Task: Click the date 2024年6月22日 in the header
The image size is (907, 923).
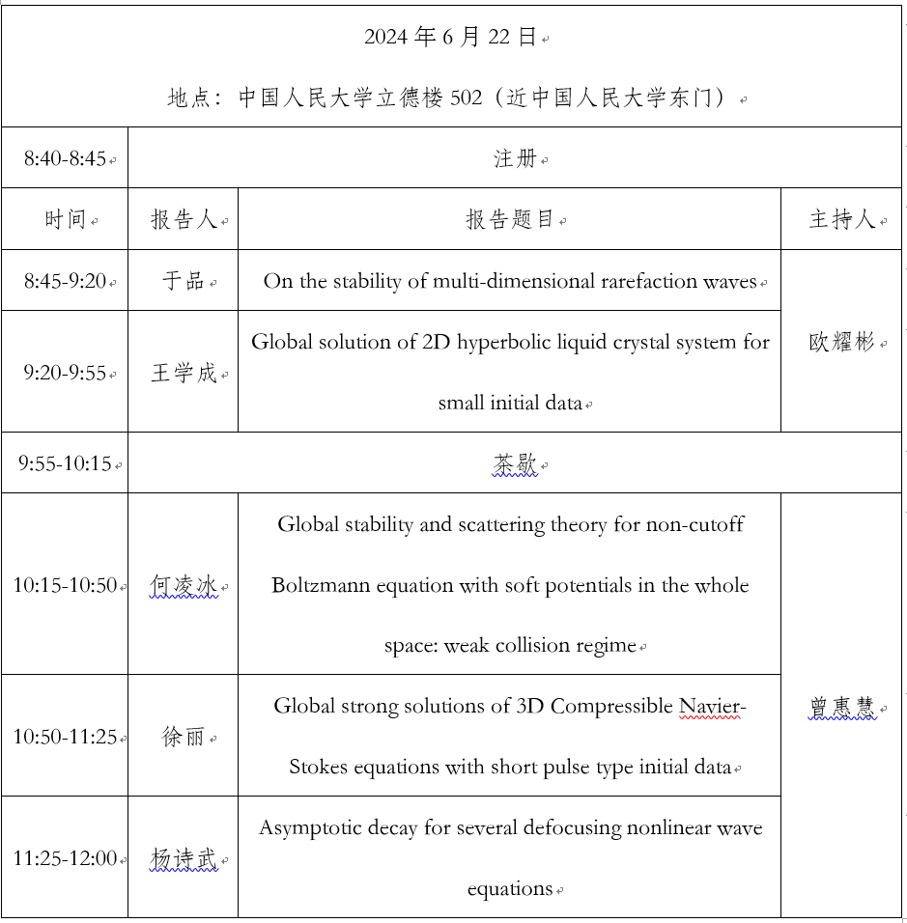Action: click(x=450, y=38)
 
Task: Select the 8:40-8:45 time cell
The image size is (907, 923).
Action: click(x=65, y=158)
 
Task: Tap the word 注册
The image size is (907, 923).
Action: click(x=515, y=158)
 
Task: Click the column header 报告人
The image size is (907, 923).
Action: click(x=183, y=220)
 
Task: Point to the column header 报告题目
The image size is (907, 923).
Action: click(x=510, y=220)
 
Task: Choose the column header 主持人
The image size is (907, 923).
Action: click(x=841, y=220)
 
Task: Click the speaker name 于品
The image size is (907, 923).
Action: click(x=183, y=281)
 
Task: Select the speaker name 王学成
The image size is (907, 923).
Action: click(x=184, y=373)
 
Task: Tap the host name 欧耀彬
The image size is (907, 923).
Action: click(x=841, y=342)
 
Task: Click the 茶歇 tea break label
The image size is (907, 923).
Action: click(x=515, y=464)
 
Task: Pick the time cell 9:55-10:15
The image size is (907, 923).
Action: click(x=65, y=464)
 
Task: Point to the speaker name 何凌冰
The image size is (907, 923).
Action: click(x=184, y=585)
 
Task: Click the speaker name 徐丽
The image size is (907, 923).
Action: click(x=184, y=737)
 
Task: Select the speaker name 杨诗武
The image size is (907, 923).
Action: click(x=184, y=857)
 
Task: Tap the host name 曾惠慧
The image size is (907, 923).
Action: click(x=841, y=707)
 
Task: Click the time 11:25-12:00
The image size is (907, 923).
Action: click(x=65, y=858)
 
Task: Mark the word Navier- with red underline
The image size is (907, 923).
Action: click(x=711, y=706)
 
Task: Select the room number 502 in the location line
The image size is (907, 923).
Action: click(x=467, y=98)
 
